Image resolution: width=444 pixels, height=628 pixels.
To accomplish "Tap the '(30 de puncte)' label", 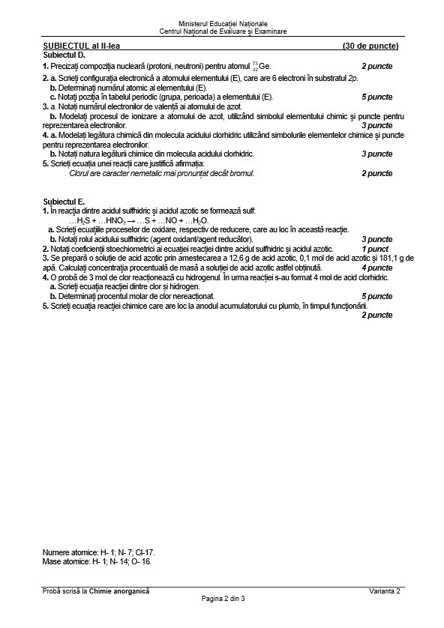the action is pos(367,46).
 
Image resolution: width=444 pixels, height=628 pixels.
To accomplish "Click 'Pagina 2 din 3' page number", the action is pos(223,600).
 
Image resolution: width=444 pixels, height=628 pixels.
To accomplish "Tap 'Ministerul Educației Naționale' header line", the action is pos(223,24).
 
